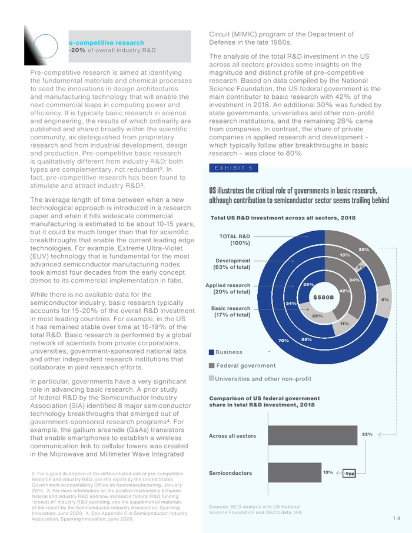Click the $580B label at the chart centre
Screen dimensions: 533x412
pyautogui.click(x=324, y=297)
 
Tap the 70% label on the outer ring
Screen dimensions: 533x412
pyautogui.click(x=284, y=340)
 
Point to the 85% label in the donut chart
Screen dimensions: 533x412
pyautogui.click(x=306, y=339)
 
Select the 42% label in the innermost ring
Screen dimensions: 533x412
pyautogui.click(x=345, y=291)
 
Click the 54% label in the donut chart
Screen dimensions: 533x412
pyautogui.click(x=291, y=302)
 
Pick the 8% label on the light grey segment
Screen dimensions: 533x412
pyautogui.click(x=385, y=300)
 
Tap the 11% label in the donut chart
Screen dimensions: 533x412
pyautogui.click(x=345, y=324)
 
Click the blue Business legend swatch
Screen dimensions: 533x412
pyautogui.click(x=212, y=352)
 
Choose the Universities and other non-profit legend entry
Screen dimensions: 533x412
pyautogui.click(x=263, y=378)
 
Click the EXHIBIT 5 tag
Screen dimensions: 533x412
pyautogui.click(x=234, y=168)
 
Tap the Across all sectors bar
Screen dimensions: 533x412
pyautogui.click(x=311, y=435)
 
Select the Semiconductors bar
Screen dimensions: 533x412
pyautogui.click(x=292, y=472)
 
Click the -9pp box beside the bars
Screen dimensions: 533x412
pyautogui.click(x=350, y=472)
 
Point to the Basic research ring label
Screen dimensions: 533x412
pyautogui.click(x=231, y=311)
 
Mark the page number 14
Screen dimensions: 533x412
pyautogui.click(x=396, y=518)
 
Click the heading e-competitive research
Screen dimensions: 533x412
pyautogui.click(x=107, y=42)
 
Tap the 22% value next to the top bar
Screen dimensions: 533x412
pyautogui.click(x=367, y=434)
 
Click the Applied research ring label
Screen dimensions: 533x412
pyautogui.click(x=228, y=288)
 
